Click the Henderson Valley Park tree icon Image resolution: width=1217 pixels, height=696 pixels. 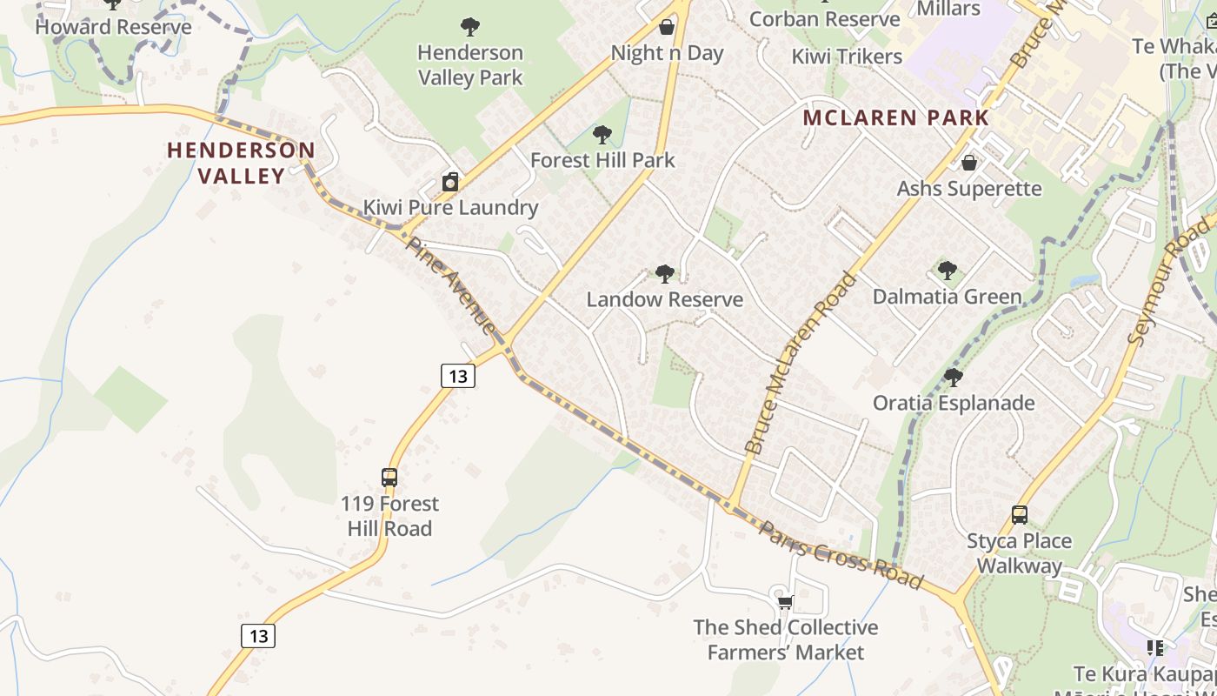(470, 27)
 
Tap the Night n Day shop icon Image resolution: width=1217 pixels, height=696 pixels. (667, 27)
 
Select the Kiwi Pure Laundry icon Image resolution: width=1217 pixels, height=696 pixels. (450, 182)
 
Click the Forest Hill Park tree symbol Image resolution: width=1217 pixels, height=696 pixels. (602, 135)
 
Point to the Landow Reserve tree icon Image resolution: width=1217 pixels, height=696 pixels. (665, 274)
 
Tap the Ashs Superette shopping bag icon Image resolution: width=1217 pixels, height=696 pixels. (969, 163)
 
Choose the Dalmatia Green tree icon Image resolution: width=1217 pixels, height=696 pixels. (948, 271)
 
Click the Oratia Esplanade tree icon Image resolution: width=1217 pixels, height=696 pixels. (954, 378)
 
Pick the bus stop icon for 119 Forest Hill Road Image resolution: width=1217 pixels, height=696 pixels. (389, 478)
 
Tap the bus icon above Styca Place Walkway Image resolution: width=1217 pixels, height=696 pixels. (1020, 515)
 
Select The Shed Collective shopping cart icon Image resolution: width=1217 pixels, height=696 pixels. (785, 602)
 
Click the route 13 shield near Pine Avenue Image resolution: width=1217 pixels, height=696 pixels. (458, 376)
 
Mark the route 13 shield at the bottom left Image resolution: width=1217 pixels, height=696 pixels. (258, 636)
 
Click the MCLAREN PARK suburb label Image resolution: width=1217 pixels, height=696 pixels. (896, 117)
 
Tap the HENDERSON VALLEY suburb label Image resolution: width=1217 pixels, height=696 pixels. (241, 163)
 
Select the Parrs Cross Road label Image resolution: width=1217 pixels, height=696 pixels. (841, 554)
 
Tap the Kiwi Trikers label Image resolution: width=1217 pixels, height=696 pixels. (847, 57)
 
